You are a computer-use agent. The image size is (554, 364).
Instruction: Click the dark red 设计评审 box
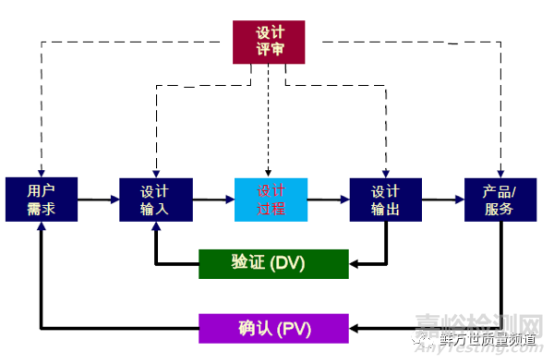[269, 41]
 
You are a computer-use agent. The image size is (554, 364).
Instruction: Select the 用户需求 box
[41, 200]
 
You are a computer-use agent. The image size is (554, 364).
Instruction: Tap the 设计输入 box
[155, 200]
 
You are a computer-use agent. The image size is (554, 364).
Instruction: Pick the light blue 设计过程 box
[271, 200]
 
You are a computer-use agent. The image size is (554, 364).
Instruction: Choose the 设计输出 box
[385, 200]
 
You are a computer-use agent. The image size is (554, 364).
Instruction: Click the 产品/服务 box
[500, 200]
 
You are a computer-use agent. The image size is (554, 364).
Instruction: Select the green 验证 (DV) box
[273, 263]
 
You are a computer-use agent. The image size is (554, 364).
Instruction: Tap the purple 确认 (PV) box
[273, 328]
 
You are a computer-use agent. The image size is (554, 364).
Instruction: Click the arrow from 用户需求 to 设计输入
[96, 199]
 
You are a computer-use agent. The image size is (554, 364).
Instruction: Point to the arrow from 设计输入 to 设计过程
[213, 199]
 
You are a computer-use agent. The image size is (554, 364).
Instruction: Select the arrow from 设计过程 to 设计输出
[328, 199]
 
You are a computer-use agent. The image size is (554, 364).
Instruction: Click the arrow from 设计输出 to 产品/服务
[442, 199]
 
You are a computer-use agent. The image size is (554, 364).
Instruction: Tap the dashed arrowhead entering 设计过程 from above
[269, 172]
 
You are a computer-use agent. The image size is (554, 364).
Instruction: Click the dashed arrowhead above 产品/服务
[500, 172]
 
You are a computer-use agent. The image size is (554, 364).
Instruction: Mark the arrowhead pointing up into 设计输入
[155, 227]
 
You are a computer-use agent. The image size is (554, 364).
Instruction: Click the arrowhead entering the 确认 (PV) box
[355, 328]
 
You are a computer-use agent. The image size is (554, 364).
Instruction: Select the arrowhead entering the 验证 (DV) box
[355, 263]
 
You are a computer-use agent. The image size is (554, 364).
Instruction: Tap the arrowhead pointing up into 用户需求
[41, 227]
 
